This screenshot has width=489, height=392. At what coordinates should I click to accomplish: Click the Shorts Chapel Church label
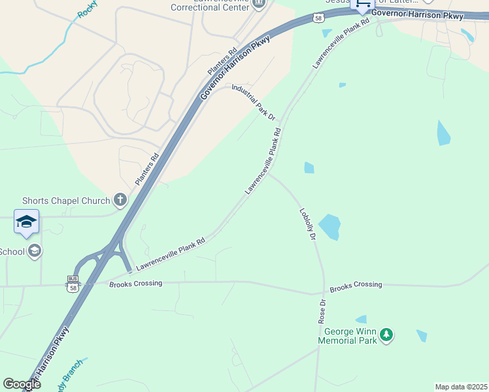(x=66, y=200)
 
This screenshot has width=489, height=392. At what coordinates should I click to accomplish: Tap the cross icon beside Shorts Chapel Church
(x=120, y=200)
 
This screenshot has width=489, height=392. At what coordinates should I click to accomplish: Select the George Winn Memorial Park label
(x=348, y=336)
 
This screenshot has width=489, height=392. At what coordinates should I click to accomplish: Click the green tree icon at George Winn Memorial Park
(x=386, y=335)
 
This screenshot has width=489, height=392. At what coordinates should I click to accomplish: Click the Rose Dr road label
(x=322, y=312)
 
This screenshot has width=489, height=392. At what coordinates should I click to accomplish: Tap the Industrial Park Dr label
(x=254, y=101)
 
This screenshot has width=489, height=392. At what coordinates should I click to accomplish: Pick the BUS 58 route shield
(x=72, y=283)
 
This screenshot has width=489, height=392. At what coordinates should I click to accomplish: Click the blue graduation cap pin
(x=27, y=221)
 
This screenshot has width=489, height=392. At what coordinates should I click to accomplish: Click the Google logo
(x=22, y=385)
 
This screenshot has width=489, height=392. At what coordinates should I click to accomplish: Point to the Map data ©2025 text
(x=461, y=387)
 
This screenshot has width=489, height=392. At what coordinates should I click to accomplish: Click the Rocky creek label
(x=87, y=9)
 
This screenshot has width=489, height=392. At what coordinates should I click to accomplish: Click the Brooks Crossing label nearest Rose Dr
(x=356, y=286)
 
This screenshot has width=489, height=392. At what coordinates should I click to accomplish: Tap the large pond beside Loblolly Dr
(x=329, y=227)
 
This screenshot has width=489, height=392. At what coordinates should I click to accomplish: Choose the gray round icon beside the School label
(x=35, y=251)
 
